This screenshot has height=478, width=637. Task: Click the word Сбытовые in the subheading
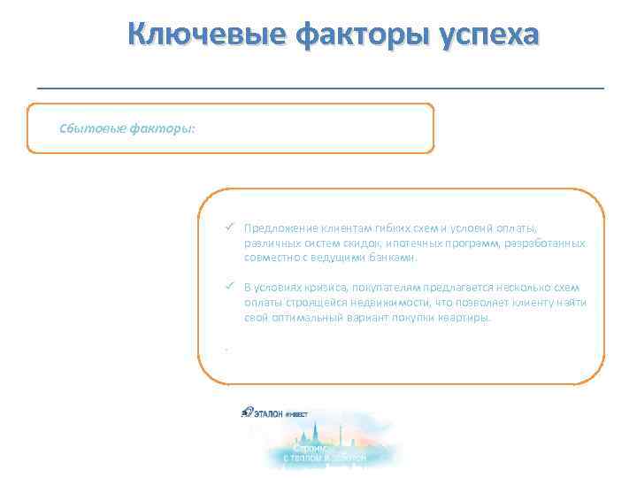(x=92, y=127)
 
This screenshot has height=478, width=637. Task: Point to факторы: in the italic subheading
(x=163, y=127)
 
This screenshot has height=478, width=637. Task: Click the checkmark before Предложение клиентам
(x=228, y=227)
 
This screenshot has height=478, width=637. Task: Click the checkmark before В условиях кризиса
(x=228, y=287)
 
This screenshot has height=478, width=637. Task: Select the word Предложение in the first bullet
(x=277, y=227)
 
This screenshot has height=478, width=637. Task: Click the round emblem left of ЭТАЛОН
(x=248, y=412)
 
